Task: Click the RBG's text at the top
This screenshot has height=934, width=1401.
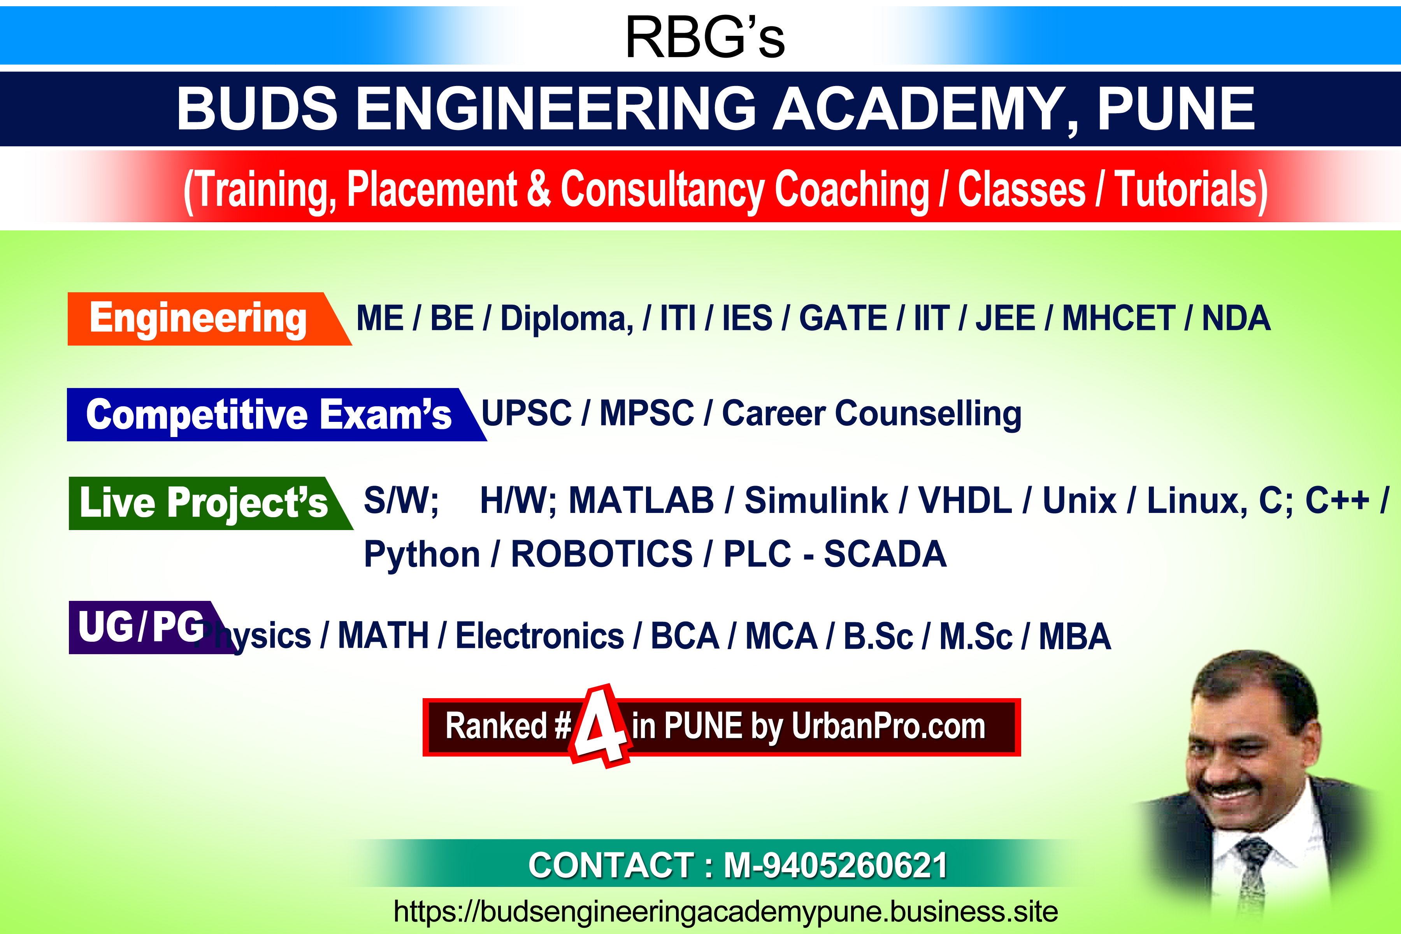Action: point(705,37)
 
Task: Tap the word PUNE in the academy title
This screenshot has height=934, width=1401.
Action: point(1176,109)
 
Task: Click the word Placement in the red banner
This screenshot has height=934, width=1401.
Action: point(432,190)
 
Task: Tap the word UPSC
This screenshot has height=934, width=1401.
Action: point(527,413)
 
